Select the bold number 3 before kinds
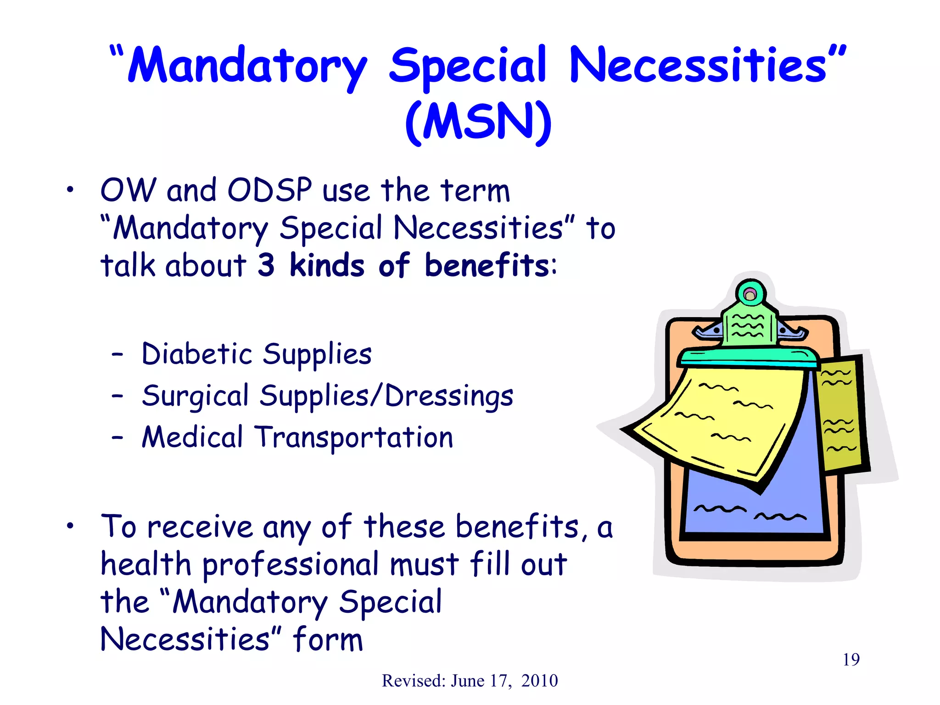pos(266,265)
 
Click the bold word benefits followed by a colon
pos(487,265)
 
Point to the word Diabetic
pos(197,354)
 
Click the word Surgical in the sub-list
pos(195,396)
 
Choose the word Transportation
pos(354,437)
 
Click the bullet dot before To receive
pos(69,526)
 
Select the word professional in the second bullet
pos(291,565)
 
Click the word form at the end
pos(328,639)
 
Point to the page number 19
pos(851,660)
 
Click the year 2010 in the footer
pos(539,681)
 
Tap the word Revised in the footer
pos(413,681)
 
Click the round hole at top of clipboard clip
pos(750,295)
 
